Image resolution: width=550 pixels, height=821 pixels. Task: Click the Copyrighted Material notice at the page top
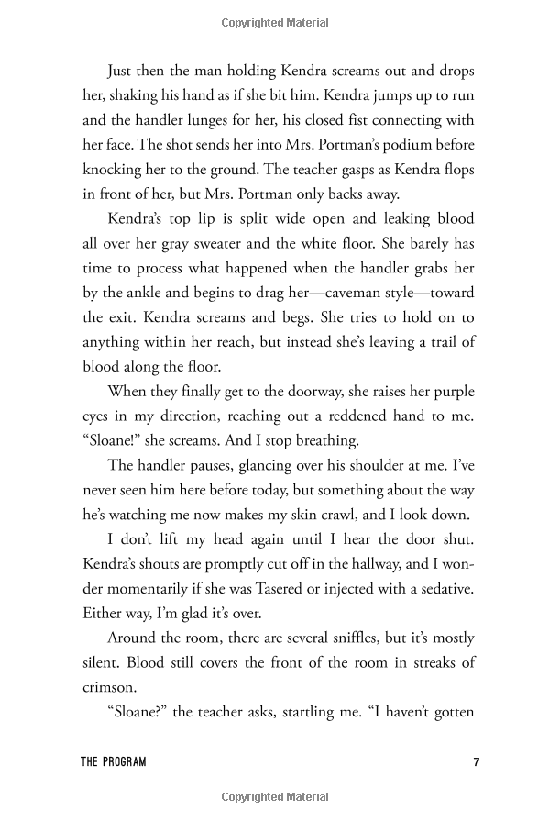tap(275, 17)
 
